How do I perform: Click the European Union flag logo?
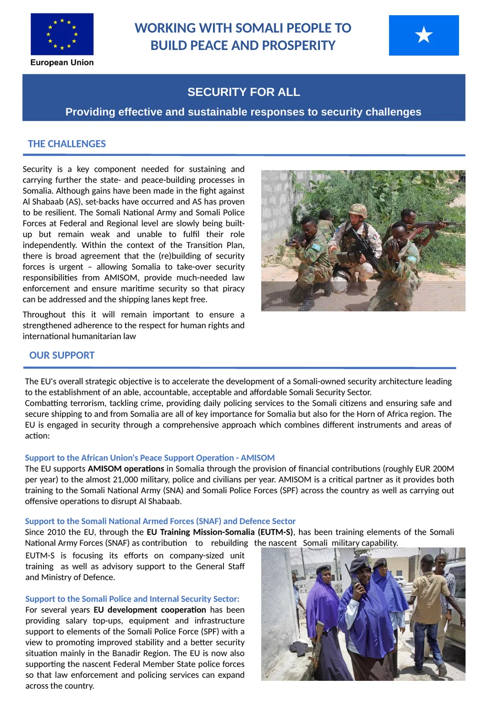[62, 34]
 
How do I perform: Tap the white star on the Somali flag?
[424, 35]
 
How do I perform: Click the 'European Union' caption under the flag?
[62, 62]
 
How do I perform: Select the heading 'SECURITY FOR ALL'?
[244, 92]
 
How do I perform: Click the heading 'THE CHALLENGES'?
[67, 144]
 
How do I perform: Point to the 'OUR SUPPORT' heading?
[62, 355]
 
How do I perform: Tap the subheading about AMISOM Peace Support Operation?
[149, 458]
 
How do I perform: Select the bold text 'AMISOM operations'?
[126, 469]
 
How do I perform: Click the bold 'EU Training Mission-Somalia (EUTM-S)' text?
[220, 532]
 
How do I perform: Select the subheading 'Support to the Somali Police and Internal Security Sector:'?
[132, 599]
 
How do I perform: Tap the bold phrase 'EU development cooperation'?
[150, 610]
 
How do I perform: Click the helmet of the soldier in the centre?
[358, 210]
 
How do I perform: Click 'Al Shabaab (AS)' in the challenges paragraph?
[51, 202]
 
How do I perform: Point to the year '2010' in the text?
[56, 532]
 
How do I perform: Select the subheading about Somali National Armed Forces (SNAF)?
[160, 521]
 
